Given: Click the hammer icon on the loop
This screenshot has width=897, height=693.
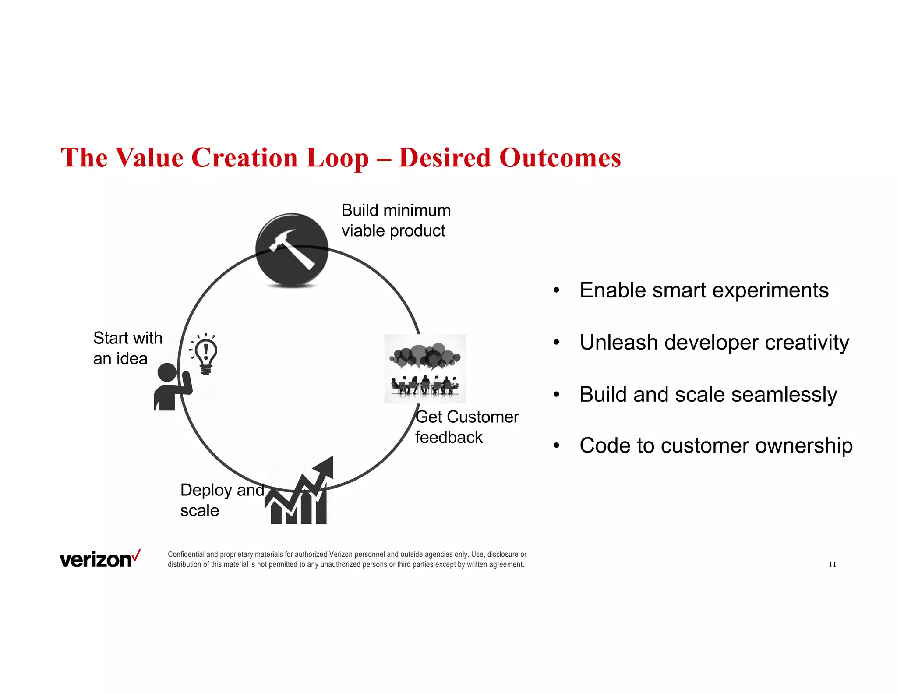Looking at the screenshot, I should (292, 250).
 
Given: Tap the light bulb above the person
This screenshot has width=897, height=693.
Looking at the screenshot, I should (206, 354).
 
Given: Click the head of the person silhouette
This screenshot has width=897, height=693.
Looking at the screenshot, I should (167, 373).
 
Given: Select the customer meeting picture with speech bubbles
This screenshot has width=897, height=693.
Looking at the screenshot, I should (424, 368).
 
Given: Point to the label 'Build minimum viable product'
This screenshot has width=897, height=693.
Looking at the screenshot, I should (396, 220).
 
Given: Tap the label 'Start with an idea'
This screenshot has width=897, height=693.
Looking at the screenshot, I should (127, 348).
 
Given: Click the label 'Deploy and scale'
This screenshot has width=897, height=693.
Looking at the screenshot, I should (221, 500).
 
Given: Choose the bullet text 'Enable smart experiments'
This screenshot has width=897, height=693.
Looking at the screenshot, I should (703, 290).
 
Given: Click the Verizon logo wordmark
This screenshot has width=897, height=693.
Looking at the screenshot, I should (95, 560).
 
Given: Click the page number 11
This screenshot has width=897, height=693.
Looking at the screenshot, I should (832, 564).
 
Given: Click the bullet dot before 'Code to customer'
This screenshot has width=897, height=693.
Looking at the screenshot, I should (556, 446).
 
